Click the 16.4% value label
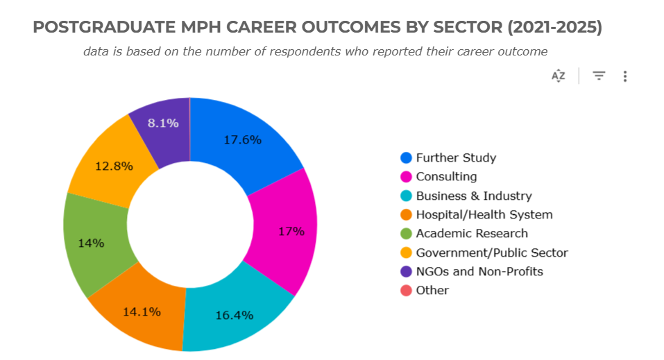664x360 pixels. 234,315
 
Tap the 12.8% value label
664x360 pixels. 114,166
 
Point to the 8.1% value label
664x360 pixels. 164,123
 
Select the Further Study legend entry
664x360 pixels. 456,157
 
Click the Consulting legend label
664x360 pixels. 446,177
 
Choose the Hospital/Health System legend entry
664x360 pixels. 484,214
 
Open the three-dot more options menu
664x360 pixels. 625,76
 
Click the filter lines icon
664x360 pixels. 599,76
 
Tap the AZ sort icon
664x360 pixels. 559,76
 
